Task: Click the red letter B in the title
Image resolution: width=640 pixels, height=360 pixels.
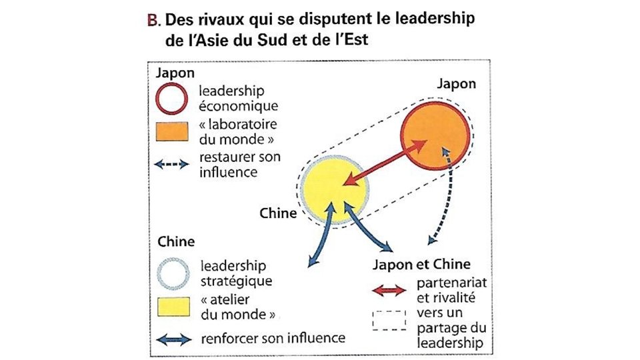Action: tap(152, 20)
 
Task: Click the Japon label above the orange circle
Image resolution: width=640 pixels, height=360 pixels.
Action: tap(457, 84)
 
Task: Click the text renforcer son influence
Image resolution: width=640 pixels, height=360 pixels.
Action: tap(272, 338)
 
